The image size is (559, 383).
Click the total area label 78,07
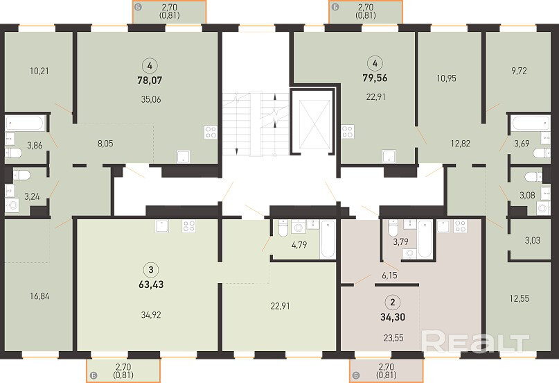(150, 80)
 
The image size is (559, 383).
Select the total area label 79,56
(375, 78)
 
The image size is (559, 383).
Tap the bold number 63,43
(151, 284)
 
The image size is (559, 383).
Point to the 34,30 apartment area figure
(393, 317)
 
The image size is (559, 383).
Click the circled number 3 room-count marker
(151, 270)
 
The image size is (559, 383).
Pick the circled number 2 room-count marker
(393, 303)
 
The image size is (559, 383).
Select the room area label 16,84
(39, 296)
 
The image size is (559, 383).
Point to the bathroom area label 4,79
(299, 245)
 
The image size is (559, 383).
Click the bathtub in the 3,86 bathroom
(25, 124)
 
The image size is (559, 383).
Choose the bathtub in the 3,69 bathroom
(531, 124)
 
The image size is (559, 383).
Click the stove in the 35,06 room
(211, 132)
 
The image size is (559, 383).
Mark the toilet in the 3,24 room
(21, 175)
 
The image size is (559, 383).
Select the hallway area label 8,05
(105, 144)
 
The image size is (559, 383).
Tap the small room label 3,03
(532, 240)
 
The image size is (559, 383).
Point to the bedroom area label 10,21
(39, 71)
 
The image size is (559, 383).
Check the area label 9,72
(519, 71)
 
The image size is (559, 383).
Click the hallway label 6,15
(389, 275)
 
